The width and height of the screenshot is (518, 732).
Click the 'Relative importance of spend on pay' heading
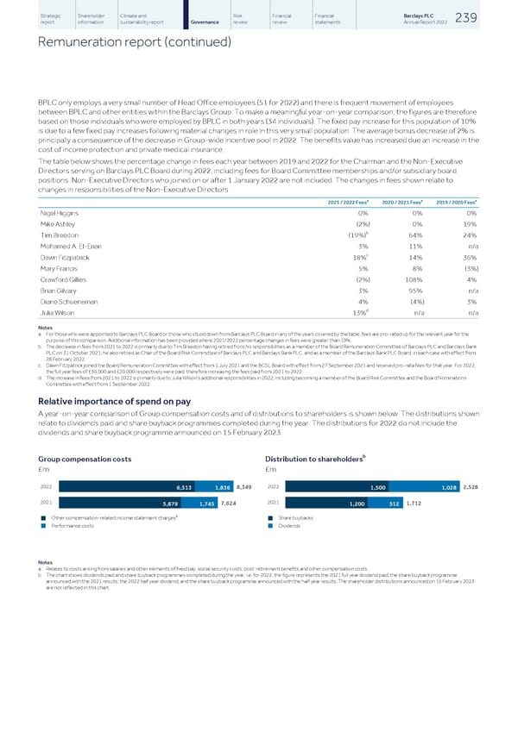(117, 400)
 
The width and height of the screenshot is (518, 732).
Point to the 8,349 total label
(243, 487)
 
